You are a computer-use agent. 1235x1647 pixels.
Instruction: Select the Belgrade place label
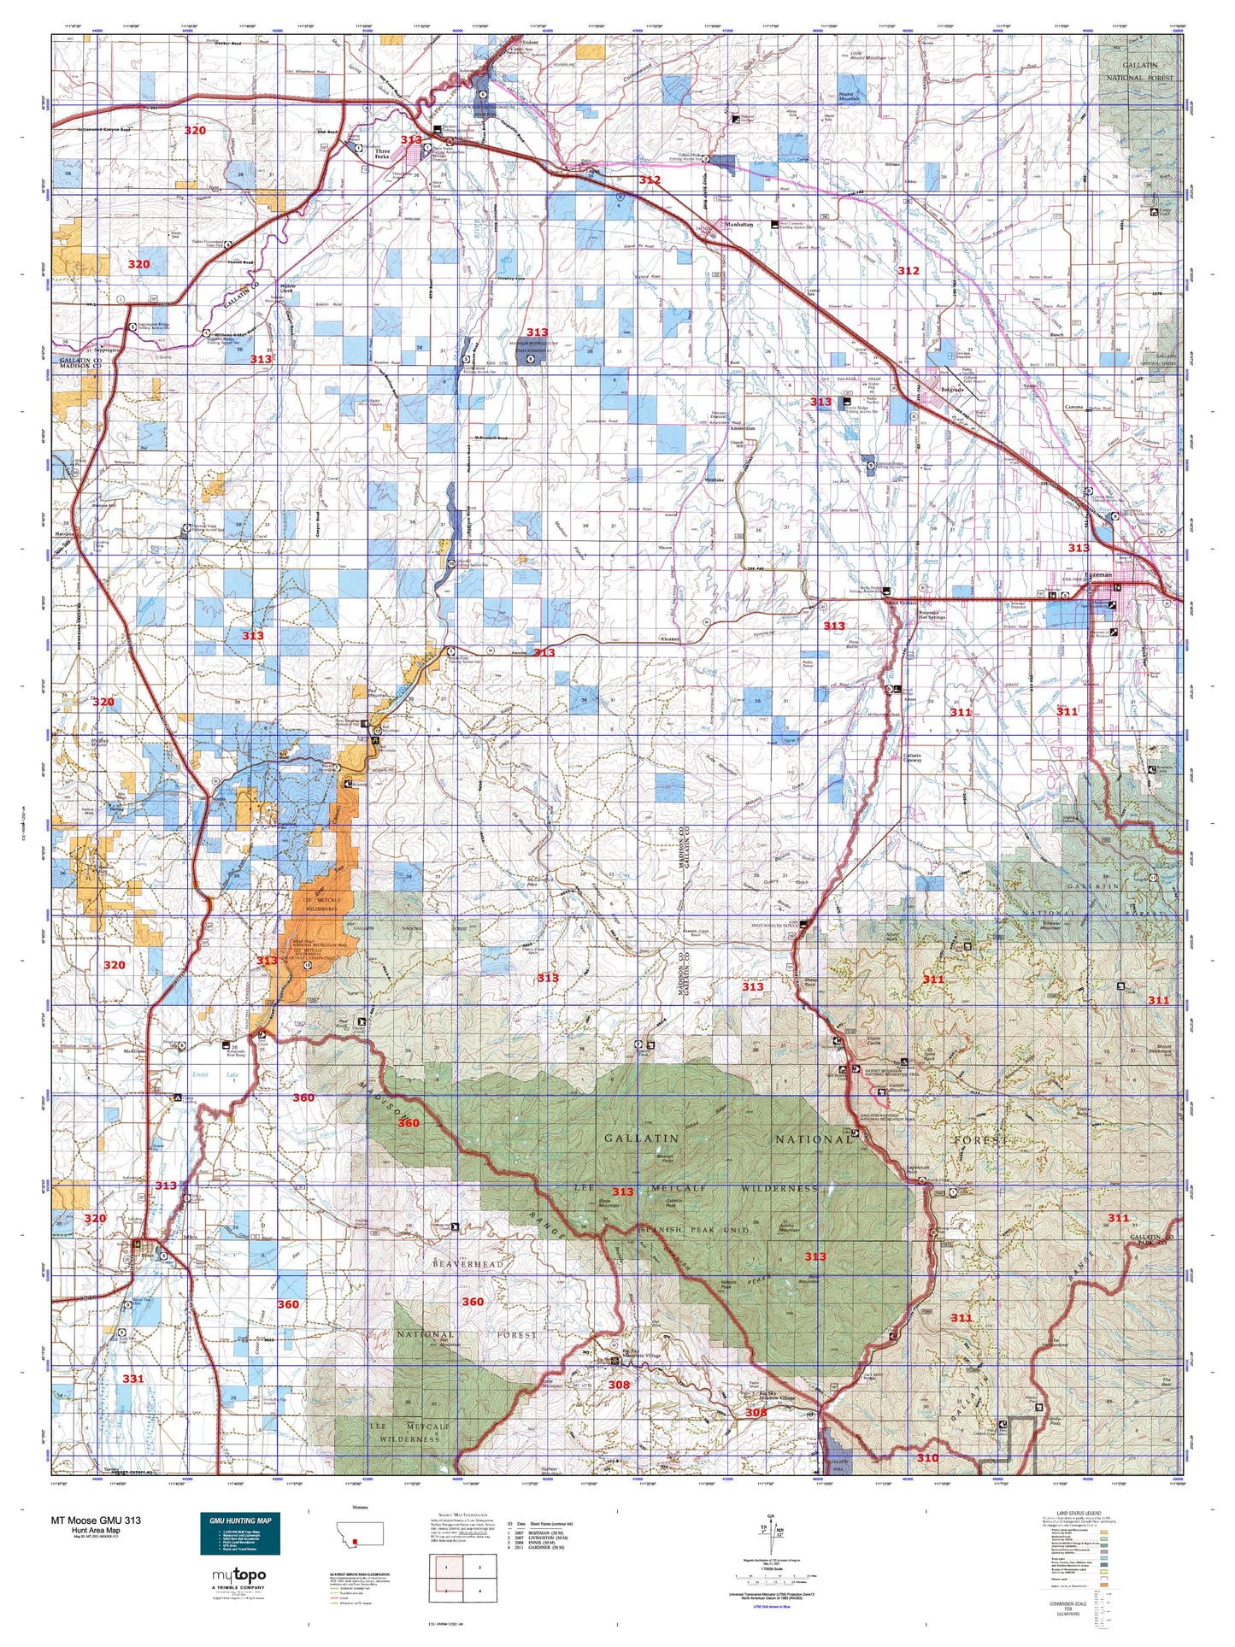click(x=952, y=390)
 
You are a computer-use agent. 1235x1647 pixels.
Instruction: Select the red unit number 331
click(x=132, y=1378)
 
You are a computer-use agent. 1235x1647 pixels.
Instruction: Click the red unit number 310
click(x=927, y=1457)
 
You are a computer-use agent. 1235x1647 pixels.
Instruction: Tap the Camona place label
click(x=1073, y=407)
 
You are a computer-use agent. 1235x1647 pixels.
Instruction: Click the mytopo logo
click(x=238, y=1575)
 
